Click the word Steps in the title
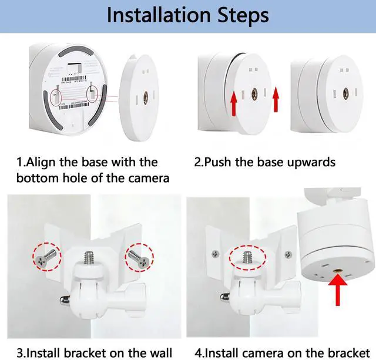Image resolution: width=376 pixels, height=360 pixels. (243, 16)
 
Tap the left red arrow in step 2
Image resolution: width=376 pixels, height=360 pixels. (234, 105)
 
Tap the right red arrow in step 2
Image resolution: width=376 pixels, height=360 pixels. (276, 99)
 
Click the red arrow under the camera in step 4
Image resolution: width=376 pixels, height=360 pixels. (338, 290)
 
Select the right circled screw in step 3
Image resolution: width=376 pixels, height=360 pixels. (138, 258)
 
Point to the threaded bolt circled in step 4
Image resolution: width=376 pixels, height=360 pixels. (247, 257)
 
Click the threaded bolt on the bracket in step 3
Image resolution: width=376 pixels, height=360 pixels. (90, 257)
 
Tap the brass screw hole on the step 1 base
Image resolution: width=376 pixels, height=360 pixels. (145, 96)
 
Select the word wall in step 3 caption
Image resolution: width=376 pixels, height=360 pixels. (161, 353)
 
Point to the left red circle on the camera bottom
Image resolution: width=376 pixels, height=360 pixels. (56, 97)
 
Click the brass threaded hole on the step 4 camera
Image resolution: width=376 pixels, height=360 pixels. (337, 271)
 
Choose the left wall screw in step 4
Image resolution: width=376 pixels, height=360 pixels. (216, 254)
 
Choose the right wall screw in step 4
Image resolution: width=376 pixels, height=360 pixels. (288, 254)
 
